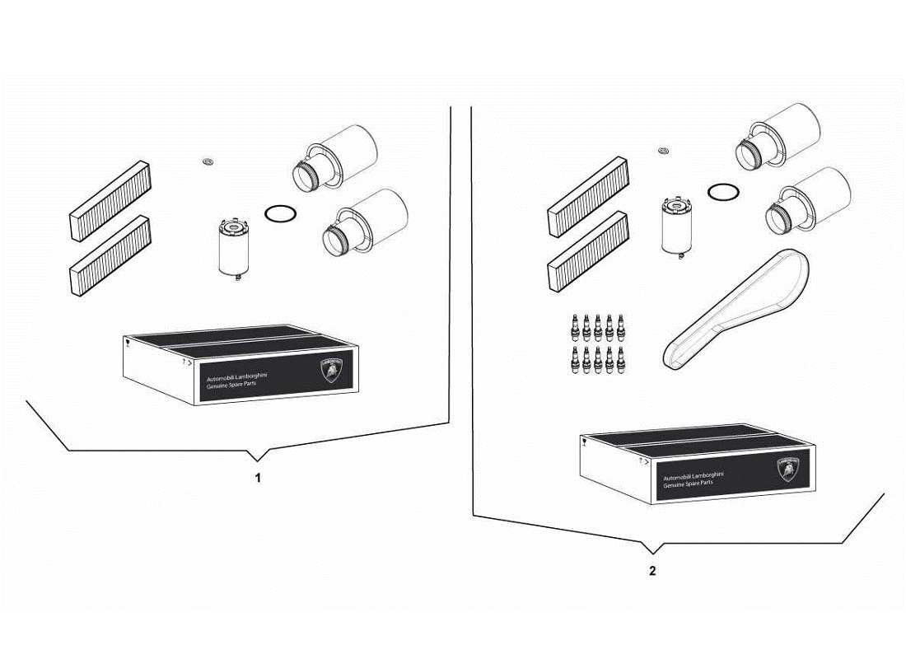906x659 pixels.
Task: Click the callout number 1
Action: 257,478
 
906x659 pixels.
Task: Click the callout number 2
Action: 652,572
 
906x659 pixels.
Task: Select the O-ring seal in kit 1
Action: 280,213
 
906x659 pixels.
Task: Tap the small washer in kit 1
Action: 208,161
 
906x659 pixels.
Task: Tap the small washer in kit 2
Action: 664,150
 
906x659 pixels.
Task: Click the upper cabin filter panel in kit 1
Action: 110,200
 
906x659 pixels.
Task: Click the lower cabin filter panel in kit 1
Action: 110,255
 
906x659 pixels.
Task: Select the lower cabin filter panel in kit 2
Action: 589,252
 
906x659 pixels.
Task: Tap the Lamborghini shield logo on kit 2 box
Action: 787,470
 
